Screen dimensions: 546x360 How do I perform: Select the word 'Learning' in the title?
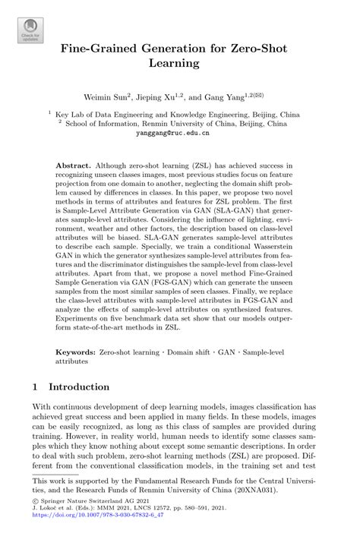coord(180,63)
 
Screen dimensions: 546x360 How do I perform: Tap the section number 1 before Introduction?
coord(35,387)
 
